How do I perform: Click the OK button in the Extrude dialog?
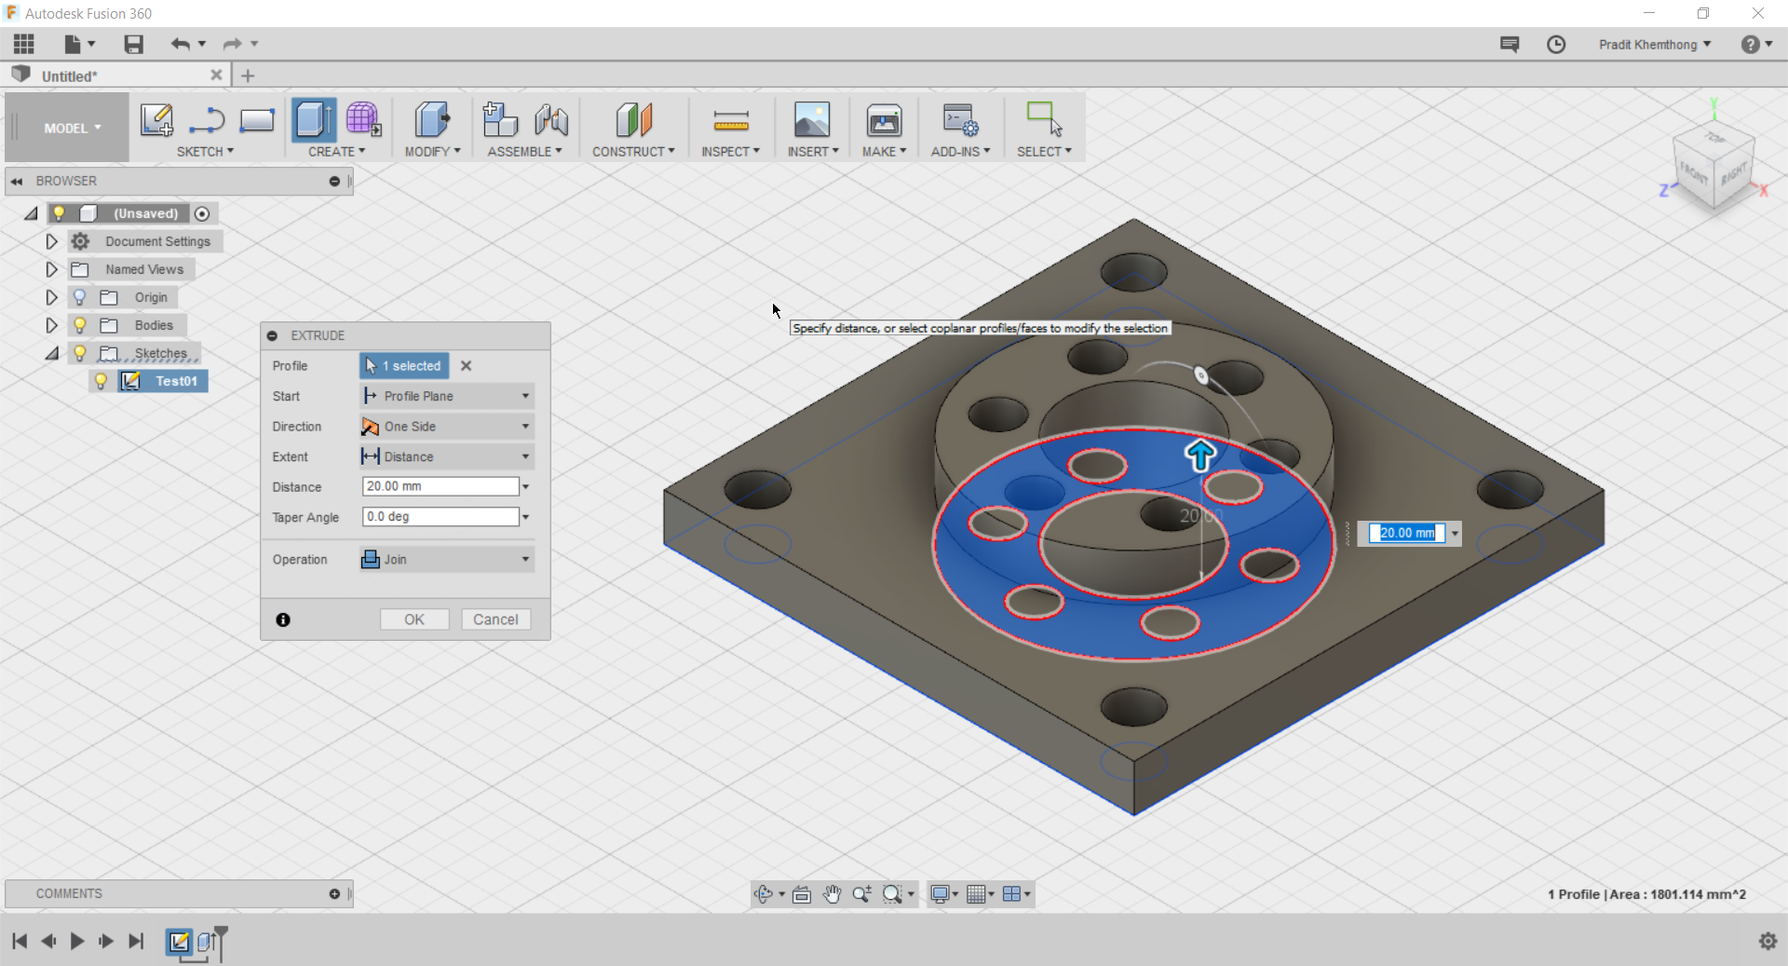414,619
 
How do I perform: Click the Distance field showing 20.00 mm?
440,486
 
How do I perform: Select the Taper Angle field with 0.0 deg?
440,517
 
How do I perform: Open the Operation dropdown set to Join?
446,559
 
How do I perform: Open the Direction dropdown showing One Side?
446,427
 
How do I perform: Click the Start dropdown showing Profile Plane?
446,396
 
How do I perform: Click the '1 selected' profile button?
404,366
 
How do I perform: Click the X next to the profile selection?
467,366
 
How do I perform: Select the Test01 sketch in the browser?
175,381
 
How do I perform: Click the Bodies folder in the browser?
153,325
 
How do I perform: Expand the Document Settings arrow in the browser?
51,241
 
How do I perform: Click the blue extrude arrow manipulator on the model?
1200,456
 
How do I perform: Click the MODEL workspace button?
71,129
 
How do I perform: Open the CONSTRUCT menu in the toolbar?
633,151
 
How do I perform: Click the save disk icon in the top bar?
134,44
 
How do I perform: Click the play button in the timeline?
77,941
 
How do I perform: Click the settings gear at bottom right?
1768,941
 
